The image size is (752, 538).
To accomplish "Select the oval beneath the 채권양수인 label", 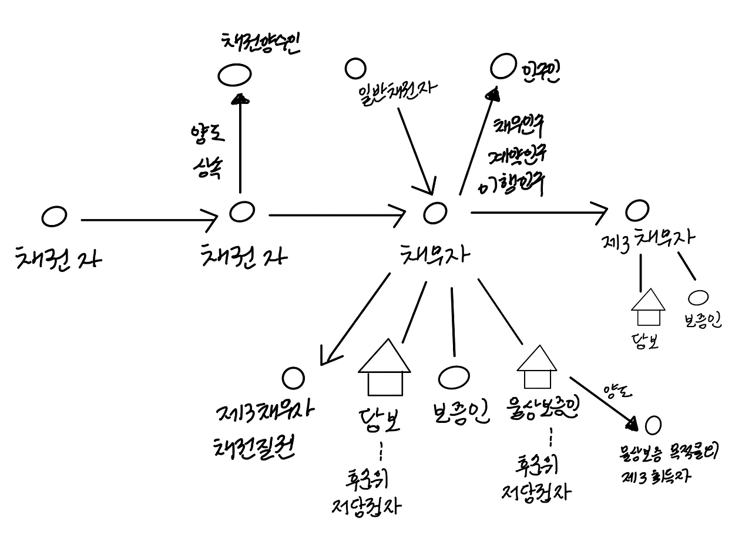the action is click(x=235, y=75).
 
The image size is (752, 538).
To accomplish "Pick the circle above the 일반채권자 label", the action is click(x=355, y=68).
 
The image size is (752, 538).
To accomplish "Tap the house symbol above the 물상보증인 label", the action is click(x=536, y=367).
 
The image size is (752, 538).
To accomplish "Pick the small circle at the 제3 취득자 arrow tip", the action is click(x=653, y=424).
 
